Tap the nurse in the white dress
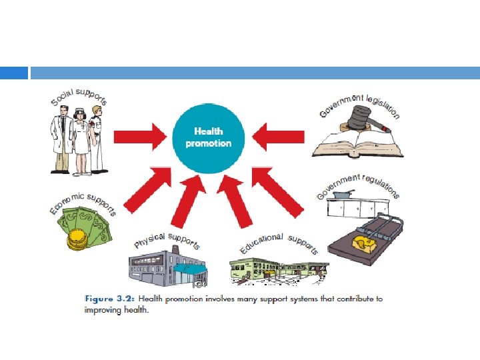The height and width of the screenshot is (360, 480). coord(81,139)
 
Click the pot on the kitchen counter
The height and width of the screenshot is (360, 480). coord(345,195)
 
